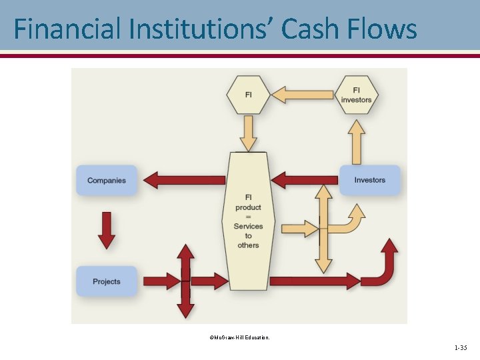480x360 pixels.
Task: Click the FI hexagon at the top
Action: [x=248, y=95]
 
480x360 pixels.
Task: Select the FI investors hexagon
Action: [x=356, y=95]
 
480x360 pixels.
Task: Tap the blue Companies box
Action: [x=106, y=180]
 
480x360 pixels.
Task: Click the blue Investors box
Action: [x=369, y=180]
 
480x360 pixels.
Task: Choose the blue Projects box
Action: [x=106, y=281]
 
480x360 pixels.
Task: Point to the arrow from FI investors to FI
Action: [x=303, y=95]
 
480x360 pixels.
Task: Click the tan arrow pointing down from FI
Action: [x=248, y=133]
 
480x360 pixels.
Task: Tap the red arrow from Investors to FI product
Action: [x=304, y=180]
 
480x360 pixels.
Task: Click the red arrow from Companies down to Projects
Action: [x=107, y=230]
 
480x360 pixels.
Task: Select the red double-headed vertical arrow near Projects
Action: [x=186, y=281]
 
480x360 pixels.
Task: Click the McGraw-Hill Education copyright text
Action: [x=239, y=338]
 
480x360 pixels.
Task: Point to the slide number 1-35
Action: [x=460, y=348]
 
